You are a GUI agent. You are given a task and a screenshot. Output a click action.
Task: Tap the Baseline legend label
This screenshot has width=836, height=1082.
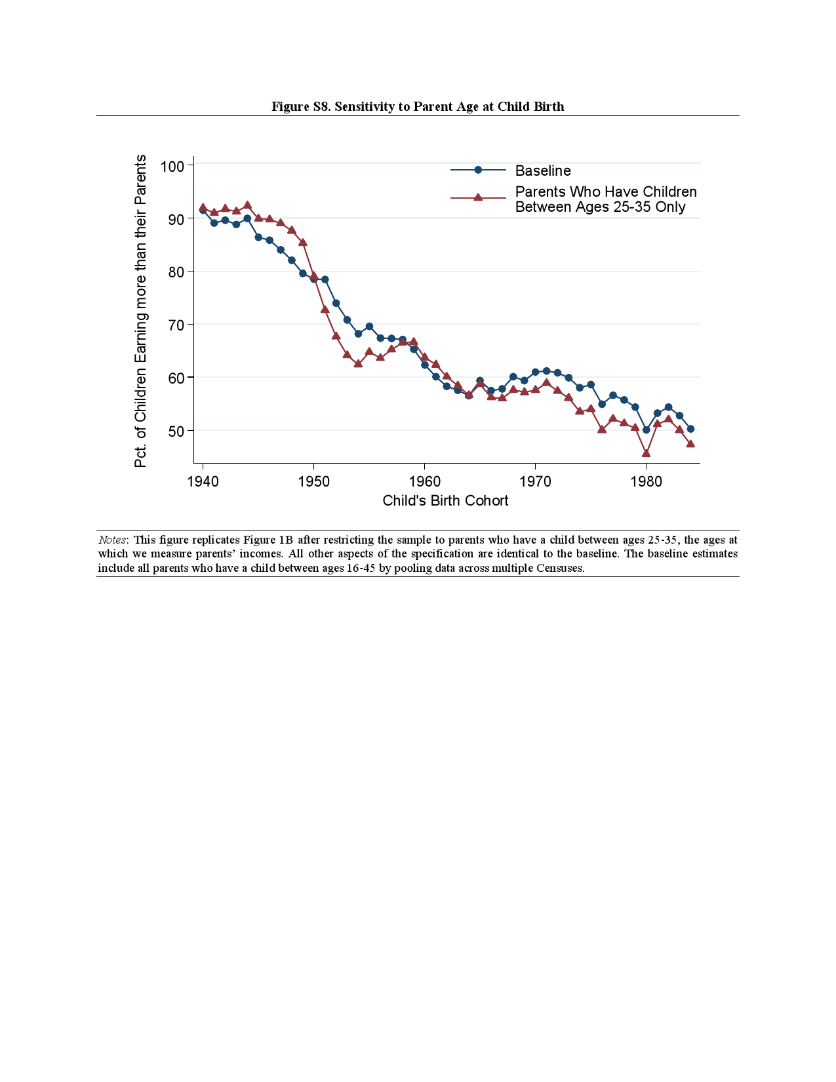[x=543, y=170]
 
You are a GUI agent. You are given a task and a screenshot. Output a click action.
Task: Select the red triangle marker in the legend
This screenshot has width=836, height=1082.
[x=478, y=197]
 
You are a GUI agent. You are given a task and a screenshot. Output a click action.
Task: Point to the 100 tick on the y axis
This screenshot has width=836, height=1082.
[x=172, y=166]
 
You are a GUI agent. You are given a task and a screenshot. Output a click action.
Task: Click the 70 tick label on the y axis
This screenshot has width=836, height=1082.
[x=176, y=325]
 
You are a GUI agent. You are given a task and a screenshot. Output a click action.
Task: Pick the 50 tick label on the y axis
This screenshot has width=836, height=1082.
[x=176, y=431]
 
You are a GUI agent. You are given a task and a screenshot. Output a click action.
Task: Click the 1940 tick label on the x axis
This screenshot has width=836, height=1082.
[x=203, y=482]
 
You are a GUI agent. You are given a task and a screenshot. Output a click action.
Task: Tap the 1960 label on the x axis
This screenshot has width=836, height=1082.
[x=424, y=482]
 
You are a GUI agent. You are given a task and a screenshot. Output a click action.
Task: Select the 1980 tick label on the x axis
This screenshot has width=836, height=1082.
[x=646, y=482]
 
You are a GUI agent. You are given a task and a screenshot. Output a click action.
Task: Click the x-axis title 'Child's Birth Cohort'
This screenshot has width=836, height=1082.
[x=445, y=501]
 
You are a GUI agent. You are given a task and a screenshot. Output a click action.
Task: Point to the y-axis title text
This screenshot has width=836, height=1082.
[x=140, y=311]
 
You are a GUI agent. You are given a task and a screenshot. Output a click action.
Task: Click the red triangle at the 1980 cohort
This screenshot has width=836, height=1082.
[x=646, y=453]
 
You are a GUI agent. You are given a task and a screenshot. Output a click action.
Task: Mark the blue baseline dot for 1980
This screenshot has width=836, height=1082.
[x=646, y=430]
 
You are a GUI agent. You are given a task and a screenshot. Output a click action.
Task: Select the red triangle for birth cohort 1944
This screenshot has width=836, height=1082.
[x=247, y=205]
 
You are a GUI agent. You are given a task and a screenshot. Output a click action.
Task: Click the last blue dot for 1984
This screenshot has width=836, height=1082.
[x=690, y=429]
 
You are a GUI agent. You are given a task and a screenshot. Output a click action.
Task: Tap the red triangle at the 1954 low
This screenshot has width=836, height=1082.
[x=358, y=363]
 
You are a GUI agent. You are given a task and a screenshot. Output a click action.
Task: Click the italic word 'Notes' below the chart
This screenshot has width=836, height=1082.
[x=112, y=540]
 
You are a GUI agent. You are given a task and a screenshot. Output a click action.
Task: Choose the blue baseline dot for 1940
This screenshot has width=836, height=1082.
[x=203, y=210]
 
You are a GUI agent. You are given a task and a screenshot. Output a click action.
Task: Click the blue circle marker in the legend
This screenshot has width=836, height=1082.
[x=478, y=170]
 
